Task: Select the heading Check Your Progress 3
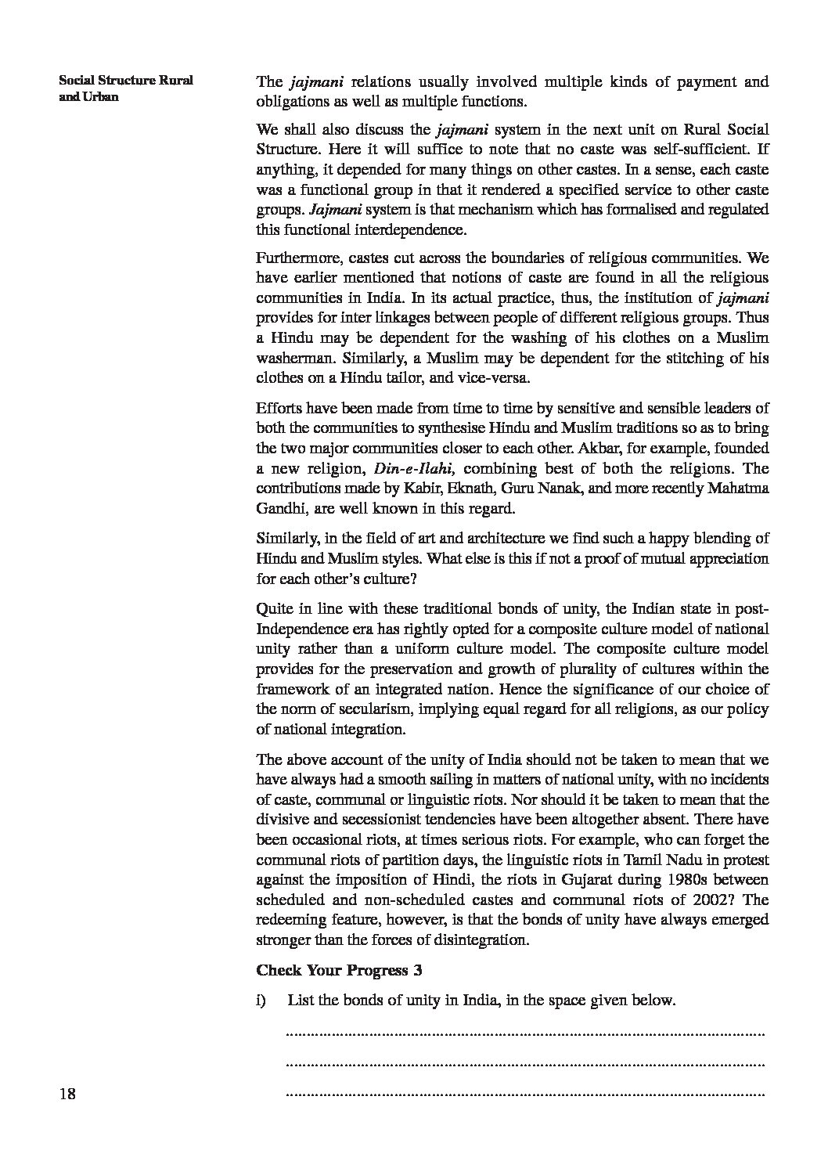pos(340,971)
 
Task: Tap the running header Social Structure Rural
pos(126,81)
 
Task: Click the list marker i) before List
pos(262,1001)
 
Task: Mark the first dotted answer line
pos(525,1034)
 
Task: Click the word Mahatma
pos(739,489)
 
